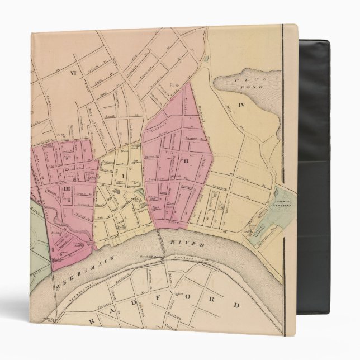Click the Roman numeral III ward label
click(66, 190)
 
